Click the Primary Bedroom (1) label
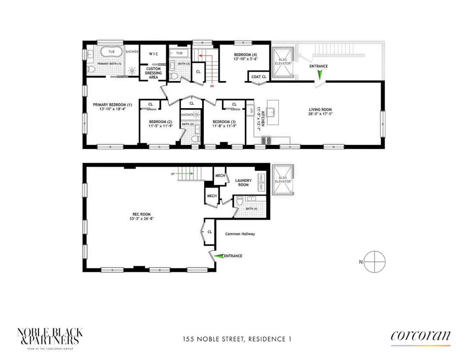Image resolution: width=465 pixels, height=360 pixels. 112,105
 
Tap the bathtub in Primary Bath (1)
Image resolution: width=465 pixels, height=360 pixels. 111,52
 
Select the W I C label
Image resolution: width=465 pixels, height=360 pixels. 153,54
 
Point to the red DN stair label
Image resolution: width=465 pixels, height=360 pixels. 212,86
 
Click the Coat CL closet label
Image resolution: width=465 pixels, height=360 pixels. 259,77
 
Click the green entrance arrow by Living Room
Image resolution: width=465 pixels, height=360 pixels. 319,75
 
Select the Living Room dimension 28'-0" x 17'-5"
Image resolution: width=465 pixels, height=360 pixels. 320,114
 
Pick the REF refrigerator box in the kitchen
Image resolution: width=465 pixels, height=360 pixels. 251,111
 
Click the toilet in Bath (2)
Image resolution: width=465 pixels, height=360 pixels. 196,139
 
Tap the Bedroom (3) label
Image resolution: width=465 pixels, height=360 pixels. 224,122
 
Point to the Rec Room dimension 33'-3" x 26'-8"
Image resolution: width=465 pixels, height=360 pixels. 141,219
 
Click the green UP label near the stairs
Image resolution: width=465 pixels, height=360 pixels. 173,174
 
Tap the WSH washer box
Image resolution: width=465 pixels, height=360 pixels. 261,178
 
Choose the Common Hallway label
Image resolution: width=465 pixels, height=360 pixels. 240,234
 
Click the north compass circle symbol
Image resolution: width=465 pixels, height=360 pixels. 374,262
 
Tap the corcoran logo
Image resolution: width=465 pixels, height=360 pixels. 420,336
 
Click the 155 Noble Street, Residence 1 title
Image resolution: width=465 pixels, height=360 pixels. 237,339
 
